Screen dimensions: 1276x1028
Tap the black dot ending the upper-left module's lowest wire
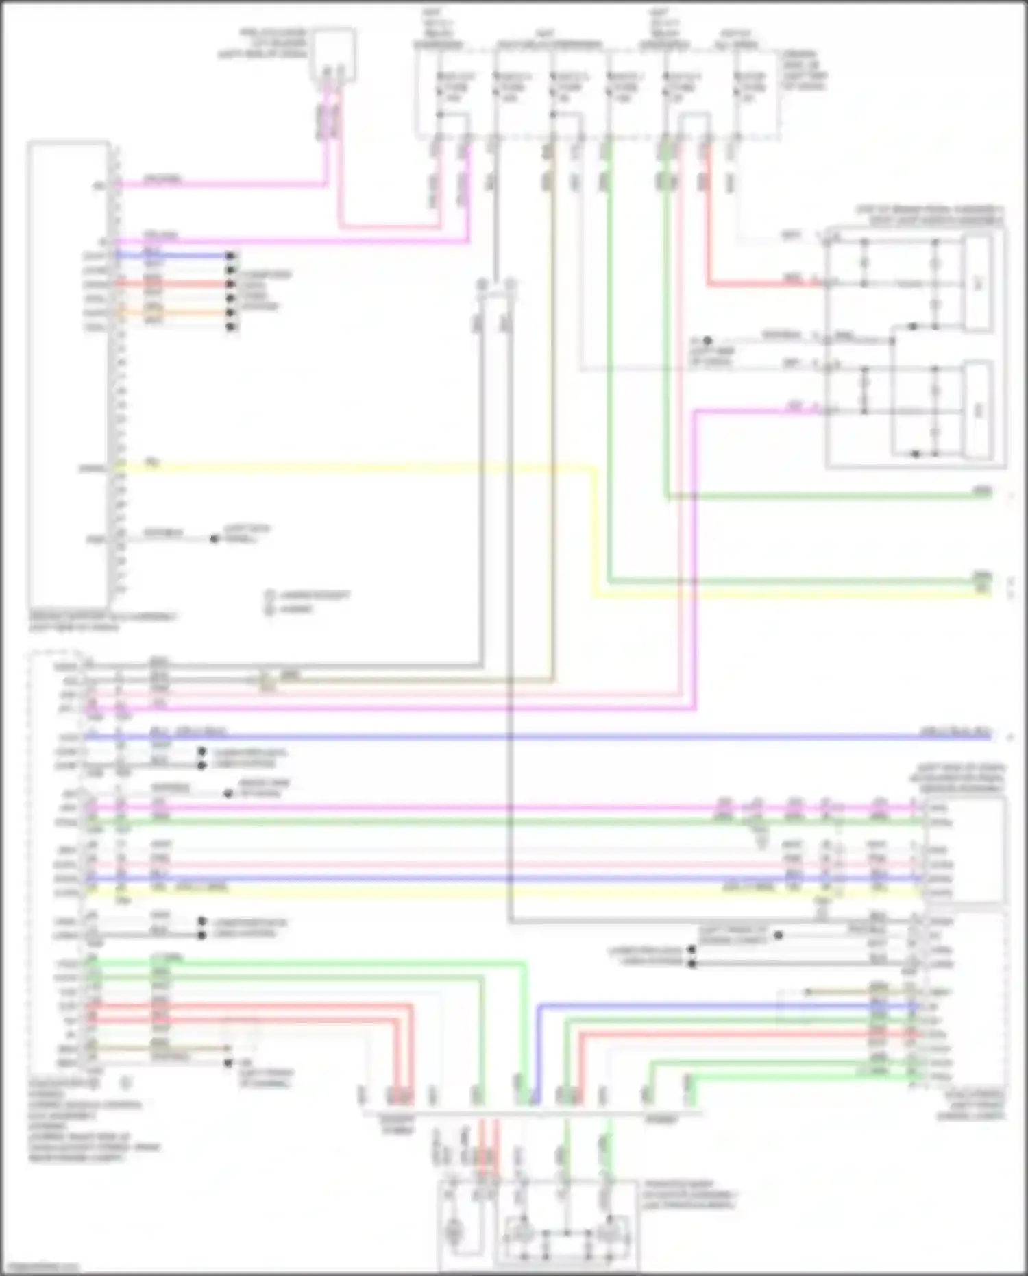pyautogui.click(x=215, y=540)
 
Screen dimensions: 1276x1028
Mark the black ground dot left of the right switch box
pyautogui.click(x=708, y=340)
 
